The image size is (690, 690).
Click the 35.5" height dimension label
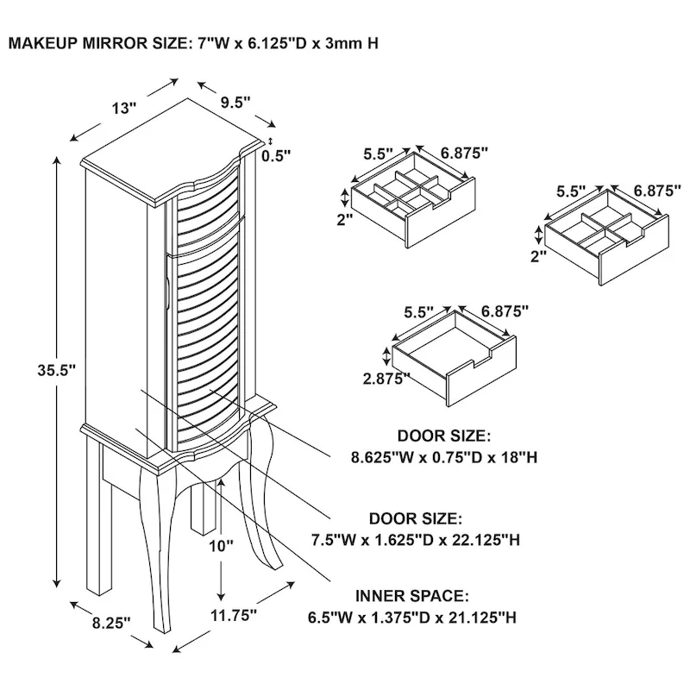57,371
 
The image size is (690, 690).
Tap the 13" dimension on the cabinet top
123,109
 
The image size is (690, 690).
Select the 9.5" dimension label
235,103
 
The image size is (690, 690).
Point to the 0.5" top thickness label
276,156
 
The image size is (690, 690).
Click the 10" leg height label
221,546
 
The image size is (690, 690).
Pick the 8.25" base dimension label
111,623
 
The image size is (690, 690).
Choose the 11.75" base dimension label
233,615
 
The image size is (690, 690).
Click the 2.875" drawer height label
386,379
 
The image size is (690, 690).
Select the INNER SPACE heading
412,596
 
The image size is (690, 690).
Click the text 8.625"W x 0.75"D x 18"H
444,458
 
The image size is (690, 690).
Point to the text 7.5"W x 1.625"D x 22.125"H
416,540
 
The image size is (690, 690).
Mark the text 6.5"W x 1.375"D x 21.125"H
412,618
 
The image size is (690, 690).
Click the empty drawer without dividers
455,358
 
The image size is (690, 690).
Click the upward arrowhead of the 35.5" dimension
57,160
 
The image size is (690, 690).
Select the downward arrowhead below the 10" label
221,596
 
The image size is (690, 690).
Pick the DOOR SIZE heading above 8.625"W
444,436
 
